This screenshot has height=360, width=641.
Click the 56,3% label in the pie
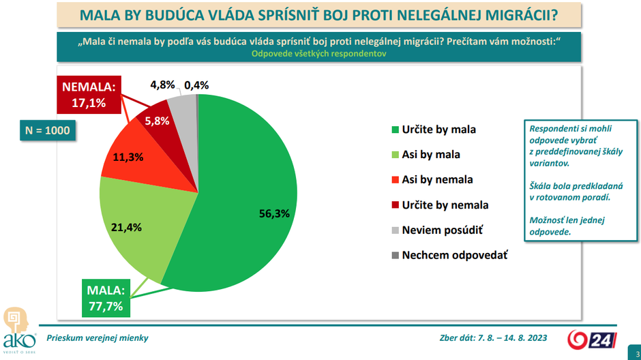point(275,213)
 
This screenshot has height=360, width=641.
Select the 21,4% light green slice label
point(126,227)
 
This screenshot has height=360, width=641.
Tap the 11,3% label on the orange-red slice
point(128,157)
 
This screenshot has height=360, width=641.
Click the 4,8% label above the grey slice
point(163,85)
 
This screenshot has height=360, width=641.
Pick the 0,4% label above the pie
point(196,85)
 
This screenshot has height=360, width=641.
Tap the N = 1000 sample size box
point(47,131)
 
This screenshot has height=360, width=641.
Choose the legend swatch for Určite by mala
point(395,130)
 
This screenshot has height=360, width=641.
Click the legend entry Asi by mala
point(431,155)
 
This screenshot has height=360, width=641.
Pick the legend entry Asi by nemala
point(437,180)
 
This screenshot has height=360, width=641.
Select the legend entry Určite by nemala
point(445,205)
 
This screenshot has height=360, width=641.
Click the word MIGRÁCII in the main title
point(520,14)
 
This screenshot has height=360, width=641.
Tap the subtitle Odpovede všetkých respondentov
point(320,53)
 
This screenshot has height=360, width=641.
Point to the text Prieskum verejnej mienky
point(97,338)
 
